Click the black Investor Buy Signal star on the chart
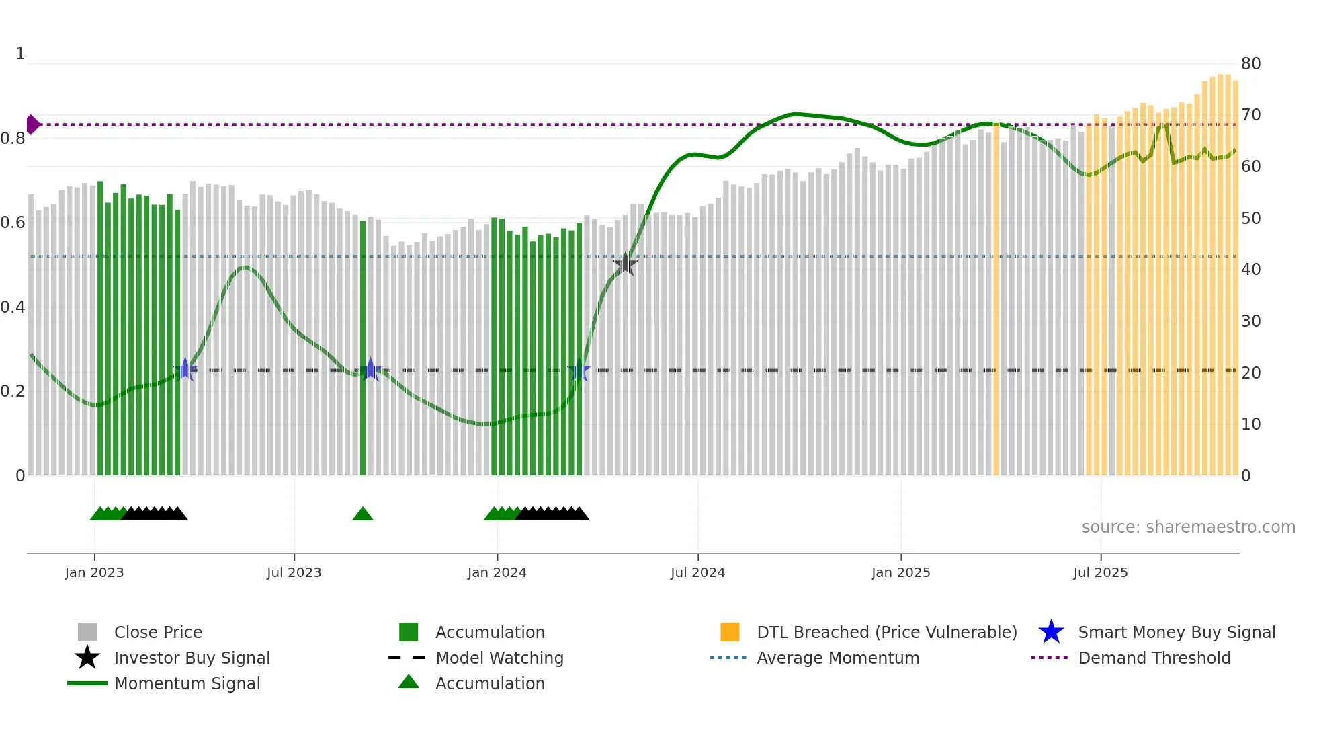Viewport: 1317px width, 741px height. [626, 264]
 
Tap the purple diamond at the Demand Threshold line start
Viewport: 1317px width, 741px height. [32, 124]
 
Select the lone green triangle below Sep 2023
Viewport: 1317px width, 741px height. [363, 514]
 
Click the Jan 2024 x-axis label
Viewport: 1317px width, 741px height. [497, 572]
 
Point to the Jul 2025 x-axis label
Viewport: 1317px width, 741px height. [1100, 572]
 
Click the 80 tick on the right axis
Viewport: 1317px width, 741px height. [1250, 64]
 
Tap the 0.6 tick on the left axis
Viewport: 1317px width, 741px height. [13, 223]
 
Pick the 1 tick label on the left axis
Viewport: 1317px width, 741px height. [20, 54]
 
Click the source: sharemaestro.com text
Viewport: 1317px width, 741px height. [1188, 527]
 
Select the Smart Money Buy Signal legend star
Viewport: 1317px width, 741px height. [1051, 632]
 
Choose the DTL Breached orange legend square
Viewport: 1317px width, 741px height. [730, 632]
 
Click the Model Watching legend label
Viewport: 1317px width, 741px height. [499, 658]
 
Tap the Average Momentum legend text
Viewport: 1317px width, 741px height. [838, 658]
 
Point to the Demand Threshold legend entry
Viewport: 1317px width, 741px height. [1154, 658]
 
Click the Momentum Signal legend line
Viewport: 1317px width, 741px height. [87, 683]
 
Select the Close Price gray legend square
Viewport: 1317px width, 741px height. [87, 632]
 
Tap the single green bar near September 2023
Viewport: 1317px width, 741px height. [363, 350]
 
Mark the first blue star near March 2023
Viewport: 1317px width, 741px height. [185, 370]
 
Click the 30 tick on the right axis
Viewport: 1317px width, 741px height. [1250, 321]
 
